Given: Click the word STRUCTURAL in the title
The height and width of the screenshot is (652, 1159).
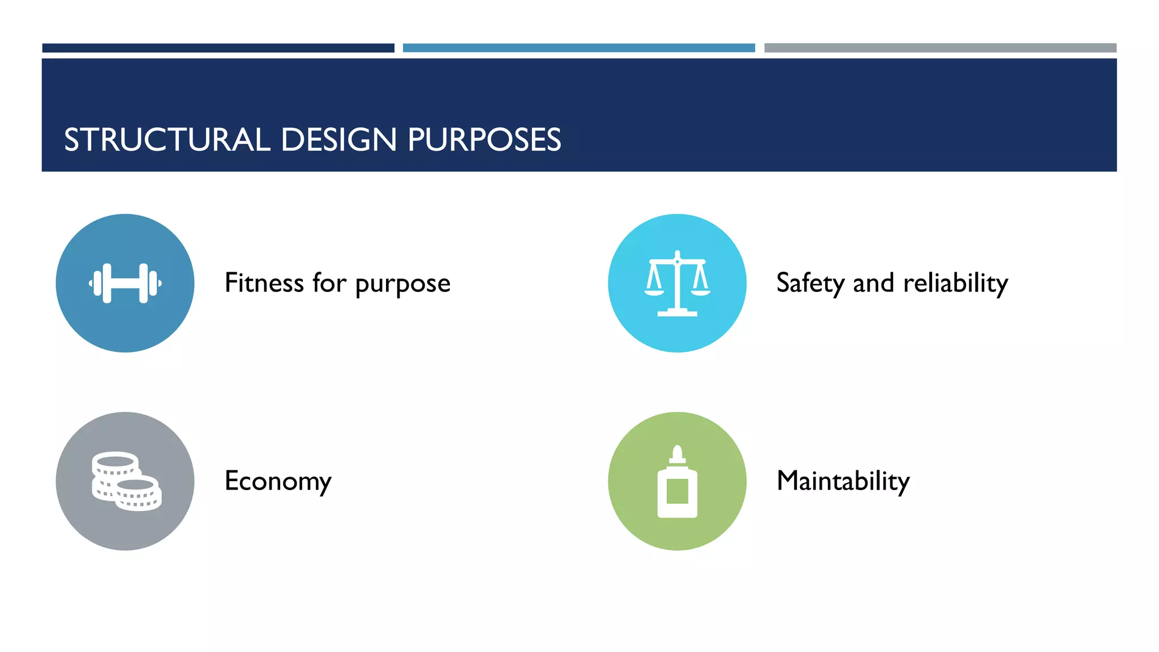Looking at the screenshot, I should click(167, 140).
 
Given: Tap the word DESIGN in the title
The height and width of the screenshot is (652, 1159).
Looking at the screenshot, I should click(338, 140).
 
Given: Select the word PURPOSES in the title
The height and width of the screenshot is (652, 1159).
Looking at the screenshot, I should click(484, 140).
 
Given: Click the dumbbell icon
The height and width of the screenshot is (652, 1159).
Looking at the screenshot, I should click(125, 283).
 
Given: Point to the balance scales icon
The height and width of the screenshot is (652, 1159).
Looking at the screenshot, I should click(677, 283).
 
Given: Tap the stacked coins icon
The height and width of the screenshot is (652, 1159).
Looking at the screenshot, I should click(126, 481).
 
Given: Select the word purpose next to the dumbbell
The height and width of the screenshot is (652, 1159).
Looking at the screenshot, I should click(402, 285).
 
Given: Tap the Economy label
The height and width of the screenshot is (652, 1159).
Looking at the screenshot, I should click(278, 482).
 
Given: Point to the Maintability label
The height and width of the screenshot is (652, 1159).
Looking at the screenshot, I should click(843, 482).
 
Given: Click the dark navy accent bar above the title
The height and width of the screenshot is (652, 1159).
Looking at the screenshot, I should click(218, 48).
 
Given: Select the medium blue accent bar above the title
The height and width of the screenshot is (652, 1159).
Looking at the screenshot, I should click(578, 48).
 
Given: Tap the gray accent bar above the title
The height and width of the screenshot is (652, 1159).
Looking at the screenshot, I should click(940, 48).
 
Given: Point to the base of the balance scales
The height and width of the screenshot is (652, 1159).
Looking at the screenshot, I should click(677, 312).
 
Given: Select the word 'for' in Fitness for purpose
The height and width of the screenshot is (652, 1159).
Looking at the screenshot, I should click(329, 282).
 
